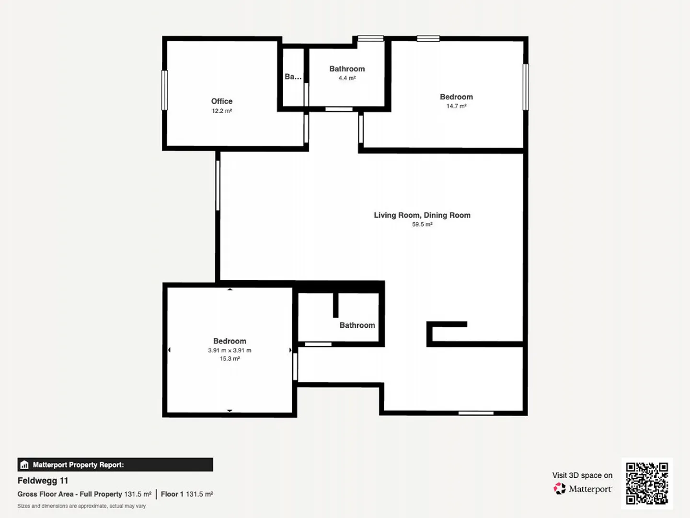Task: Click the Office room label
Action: pyautogui.click(x=222, y=101)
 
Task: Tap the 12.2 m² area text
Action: pyautogui.click(x=222, y=111)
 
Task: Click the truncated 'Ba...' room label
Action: pyautogui.click(x=293, y=77)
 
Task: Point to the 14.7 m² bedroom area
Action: pyautogui.click(x=457, y=106)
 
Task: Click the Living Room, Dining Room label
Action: pyautogui.click(x=422, y=215)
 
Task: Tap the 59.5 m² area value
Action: pyautogui.click(x=422, y=224)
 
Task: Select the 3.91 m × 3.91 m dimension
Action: pyautogui.click(x=230, y=350)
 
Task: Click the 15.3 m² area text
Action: pyautogui.click(x=230, y=358)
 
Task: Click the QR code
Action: pyautogui.click(x=647, y=483)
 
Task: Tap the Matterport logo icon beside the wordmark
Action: pyautogui.click(x=559, y=488)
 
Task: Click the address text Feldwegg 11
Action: pyautogui.click(x=43, y=481)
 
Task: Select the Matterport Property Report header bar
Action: pyautogui.click(x=115, y=464)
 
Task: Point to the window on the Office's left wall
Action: pyautogui.click(x=164, y=90)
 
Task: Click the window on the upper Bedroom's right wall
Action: pyautogui.click(x=526, y=87)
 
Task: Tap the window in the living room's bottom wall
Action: pyautogui.click(x=476, y=413)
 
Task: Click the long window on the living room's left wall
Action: pyautogui.click(x=218, y=185)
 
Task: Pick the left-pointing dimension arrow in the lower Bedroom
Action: pyautogui.click(x=170, y=350)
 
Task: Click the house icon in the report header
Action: pyautogui.click(x=24, y=464)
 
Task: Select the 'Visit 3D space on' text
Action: pyautogui.click(x=582, y=475)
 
